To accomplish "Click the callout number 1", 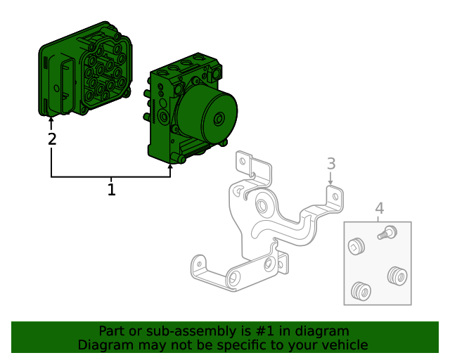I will click(x=111, y=189).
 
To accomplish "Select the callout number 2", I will click(x=51, y=139).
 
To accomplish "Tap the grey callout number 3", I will click(x=331, y=164).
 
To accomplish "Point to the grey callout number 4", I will click(x=379, y=208).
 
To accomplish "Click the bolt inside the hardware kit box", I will click(x=385, y=232).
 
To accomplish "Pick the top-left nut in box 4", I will click(x=356, y=245).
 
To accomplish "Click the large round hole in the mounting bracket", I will click(x=261, y=207).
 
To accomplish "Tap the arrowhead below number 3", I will click(x=331, y=184).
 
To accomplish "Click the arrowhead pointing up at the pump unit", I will click(x=170, y=167).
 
